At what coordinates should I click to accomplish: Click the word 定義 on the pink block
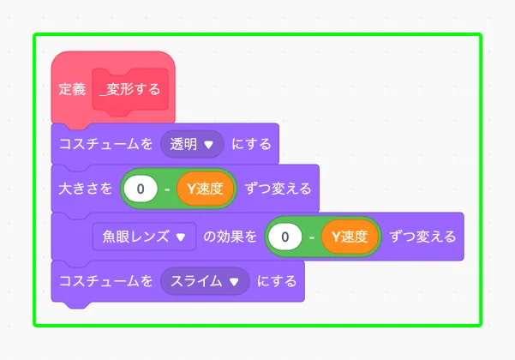pyautogui.click(x=73, y=88)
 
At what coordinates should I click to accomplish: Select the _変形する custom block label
pyautogui.click(x=130, y=88)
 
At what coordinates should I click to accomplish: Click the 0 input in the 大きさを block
pyautogui.click(x=141, y=189)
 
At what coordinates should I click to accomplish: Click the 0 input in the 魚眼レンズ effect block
pyautogui.click(x=285, y=236)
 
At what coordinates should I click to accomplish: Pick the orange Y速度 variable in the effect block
pyautogui.click(x=350, y=236)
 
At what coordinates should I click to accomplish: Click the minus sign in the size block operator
pyautogui.click(x=167, y=189)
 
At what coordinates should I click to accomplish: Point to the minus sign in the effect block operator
pyautogui.click(x=312, y=236)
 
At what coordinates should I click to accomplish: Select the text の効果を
pyautogui.click(x=230, y=236)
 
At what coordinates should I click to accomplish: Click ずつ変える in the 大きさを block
pyautogui.click(x=278, y=189)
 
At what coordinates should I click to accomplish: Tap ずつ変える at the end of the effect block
pyautogui.click(x=422, y=236)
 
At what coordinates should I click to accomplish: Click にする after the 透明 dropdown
pyautogui.click(x=252, y=144)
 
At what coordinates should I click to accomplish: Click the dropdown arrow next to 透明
pyautogui.click(x=208, y=145)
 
